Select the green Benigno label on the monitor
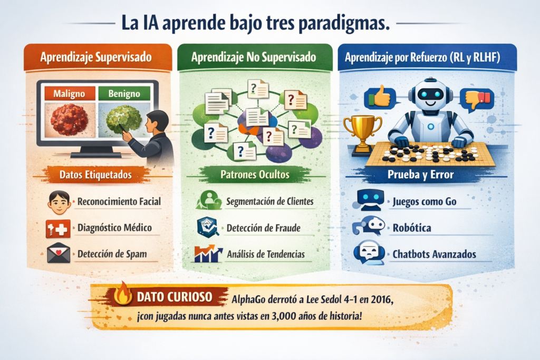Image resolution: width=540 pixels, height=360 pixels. [124, 93]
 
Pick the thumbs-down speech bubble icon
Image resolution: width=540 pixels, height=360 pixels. [477, 99]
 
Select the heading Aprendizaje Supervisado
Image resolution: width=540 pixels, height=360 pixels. [96, 57]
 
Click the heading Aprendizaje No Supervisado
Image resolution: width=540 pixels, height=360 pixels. [254, 57]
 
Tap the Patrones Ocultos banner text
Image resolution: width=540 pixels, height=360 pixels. [255, 174]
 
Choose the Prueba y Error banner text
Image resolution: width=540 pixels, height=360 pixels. [420, 174]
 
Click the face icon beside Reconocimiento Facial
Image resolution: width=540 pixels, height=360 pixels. [59, 202]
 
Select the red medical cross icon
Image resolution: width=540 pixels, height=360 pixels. [58, 229]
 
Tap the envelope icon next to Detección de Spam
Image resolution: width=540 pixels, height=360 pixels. [59, 254]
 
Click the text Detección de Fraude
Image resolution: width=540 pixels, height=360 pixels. [264, 228]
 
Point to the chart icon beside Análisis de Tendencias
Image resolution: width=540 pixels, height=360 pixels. [208, 254]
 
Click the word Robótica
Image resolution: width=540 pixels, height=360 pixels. [412, 228]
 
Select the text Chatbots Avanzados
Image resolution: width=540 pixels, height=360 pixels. [435, 254]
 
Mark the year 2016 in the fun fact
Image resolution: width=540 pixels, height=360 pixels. [381, 299]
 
